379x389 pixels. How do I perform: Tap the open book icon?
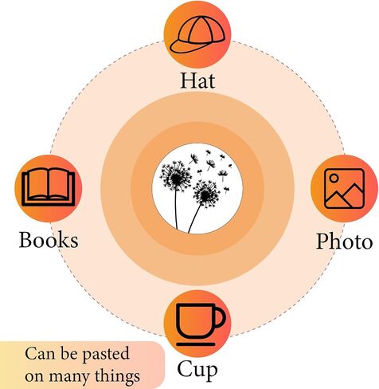(x=49, y=187)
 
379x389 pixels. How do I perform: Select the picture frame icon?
(x=344, y=188)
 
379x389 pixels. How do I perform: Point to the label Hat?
(x=197, y=81)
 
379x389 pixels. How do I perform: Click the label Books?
(x=49, y=240)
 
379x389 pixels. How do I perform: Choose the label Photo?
(x=344, y=242)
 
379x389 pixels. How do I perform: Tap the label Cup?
(x=197, y=370)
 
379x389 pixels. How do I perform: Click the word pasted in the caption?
(x=105, y=354)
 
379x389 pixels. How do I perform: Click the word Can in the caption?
(x=41, y=353)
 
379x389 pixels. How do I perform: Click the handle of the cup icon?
(x=220, y=317)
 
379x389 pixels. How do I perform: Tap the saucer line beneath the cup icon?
(x=196, y=344)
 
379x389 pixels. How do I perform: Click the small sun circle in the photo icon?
(x=334, y=178)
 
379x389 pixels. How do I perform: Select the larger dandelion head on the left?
(x=176, y=177)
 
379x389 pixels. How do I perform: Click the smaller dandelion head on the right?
(x=206, y=194)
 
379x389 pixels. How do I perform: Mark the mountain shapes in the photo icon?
(x=344, y=196)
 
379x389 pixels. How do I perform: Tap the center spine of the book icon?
(x=49, y=185)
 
